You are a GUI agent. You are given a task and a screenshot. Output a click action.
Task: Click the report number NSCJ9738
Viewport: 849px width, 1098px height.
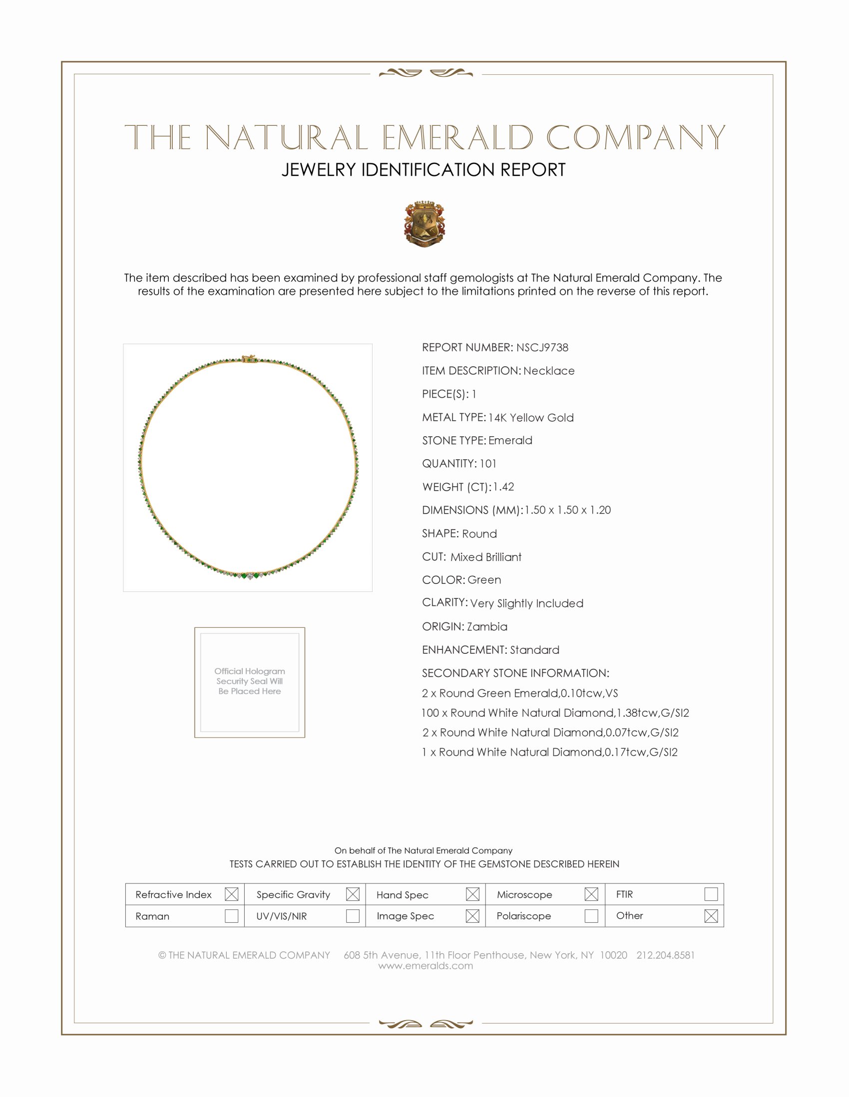(x=542, y=347)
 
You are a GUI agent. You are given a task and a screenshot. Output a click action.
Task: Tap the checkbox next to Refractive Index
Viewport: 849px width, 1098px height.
(x=231, y=894)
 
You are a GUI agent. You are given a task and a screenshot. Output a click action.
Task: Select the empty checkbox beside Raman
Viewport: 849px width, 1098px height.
(x=231, y=915)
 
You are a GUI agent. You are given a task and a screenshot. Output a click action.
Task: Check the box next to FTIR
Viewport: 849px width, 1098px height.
(x=711, y=894)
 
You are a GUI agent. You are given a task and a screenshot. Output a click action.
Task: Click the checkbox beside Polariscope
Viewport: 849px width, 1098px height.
(x=591, y=915)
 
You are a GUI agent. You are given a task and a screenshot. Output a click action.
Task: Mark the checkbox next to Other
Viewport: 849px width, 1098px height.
(x=711, y=915)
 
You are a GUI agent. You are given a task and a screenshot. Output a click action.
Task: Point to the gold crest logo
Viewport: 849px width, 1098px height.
(x=424, y=224)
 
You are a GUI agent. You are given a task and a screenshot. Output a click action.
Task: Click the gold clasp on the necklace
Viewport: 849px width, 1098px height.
(x=249, y=358)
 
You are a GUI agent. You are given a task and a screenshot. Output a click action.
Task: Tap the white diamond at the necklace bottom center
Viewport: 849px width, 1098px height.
(x=250, y=576)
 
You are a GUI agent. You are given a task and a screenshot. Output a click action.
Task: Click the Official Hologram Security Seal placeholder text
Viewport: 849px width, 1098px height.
(x=250, y=681)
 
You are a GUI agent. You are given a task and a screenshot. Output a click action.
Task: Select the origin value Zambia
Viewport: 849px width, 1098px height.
(x=487, y=626)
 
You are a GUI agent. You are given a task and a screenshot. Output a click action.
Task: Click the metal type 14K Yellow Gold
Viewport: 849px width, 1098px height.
(x=530, y=417)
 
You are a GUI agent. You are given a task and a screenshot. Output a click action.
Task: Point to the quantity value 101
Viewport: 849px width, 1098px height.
(x=487, y=464)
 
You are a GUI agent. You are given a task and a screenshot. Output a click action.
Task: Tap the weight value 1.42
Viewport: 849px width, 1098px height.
(x=503, y=487)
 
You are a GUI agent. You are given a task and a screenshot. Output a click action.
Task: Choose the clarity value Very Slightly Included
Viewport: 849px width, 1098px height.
(x=526, y=603)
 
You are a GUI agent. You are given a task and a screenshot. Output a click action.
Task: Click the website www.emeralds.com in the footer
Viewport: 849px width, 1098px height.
(x=425, y=965)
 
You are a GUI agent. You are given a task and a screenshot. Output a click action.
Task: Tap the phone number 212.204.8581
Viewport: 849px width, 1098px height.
(x=665, y=955)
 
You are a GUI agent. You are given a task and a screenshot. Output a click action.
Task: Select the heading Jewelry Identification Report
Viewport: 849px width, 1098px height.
(x=424, y=170)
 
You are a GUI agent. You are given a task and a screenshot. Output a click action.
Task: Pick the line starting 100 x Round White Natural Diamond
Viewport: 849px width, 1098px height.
(x=555, y=712)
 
